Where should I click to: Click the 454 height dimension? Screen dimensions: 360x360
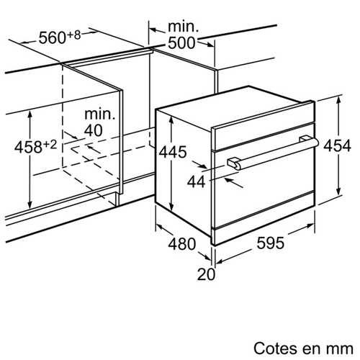[337, 145]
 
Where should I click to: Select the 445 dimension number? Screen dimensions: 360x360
[173, 152]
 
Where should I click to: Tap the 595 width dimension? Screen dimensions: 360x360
[271, 243]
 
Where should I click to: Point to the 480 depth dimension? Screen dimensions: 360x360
[182, 244]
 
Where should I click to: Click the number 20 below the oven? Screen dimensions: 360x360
[206, 274]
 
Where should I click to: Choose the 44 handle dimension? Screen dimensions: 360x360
[197, 181]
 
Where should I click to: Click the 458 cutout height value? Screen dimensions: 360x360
[28, 147]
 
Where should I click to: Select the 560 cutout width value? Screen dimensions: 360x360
[53, 37]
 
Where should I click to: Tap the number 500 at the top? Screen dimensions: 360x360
[181, 43]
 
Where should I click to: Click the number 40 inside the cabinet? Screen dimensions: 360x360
[94, 130]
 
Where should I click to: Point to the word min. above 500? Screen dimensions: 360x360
[184, 27]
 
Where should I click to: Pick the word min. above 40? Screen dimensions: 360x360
[100, 114]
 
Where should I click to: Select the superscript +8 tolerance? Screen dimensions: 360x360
[74, 35]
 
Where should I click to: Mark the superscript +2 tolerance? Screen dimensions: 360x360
[50, 145]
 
